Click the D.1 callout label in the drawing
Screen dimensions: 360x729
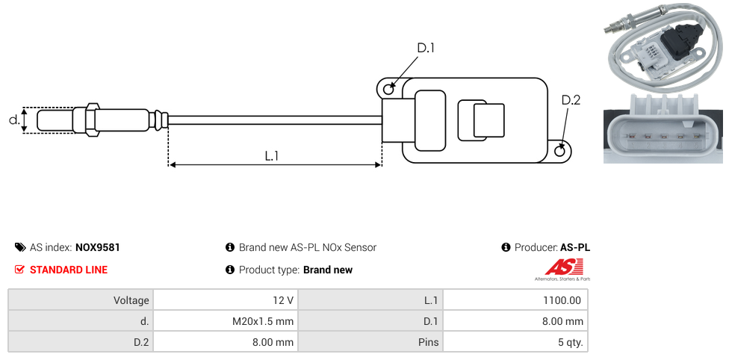[426, 48]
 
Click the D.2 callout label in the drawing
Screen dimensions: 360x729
[571, 100]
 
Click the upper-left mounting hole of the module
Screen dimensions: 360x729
[388, 90]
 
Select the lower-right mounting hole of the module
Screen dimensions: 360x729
[561, 152]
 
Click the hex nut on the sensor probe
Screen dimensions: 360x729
[93, 120]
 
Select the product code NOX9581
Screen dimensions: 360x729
[98, 247]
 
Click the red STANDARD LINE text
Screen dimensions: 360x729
[69, 270]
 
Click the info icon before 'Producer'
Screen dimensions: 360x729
[506, 247]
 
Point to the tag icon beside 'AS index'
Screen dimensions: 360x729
[20, 247]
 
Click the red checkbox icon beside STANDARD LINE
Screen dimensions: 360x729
[20, 270]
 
